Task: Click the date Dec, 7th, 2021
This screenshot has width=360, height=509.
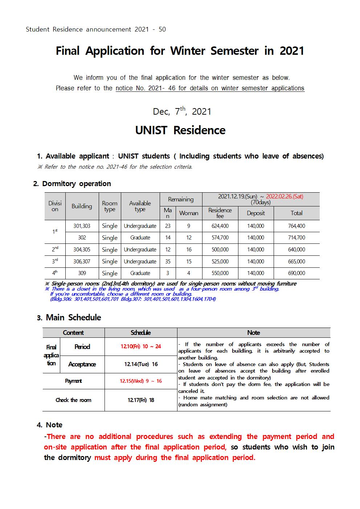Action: point(182,111)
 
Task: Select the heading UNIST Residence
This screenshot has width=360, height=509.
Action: point(180,130)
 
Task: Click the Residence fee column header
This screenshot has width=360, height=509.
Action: point(220,213)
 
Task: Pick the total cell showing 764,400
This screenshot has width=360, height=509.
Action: point(296,226)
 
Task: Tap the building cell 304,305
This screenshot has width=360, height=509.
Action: point(82,250)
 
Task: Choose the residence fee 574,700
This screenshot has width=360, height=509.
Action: point(220,238)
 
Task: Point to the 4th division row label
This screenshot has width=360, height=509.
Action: point(55,273)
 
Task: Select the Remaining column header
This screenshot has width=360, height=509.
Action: point(181,199)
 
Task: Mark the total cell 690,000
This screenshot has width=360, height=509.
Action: point(296,273)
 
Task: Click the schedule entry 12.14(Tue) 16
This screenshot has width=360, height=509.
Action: point(141,364)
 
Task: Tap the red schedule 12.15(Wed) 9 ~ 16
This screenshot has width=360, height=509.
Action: point(141,381)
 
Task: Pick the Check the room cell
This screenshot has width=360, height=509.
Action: point(73,400)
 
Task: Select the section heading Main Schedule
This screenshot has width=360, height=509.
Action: point(73,317)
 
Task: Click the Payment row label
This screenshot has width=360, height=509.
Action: point(73,381)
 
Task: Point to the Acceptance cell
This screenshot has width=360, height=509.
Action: point(82,364)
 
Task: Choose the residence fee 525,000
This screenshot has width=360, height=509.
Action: point(220,262)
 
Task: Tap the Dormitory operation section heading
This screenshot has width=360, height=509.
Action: point(76,184)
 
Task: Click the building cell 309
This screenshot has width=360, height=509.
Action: point(82,273)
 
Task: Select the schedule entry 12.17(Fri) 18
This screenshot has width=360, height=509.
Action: point(141,400)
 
